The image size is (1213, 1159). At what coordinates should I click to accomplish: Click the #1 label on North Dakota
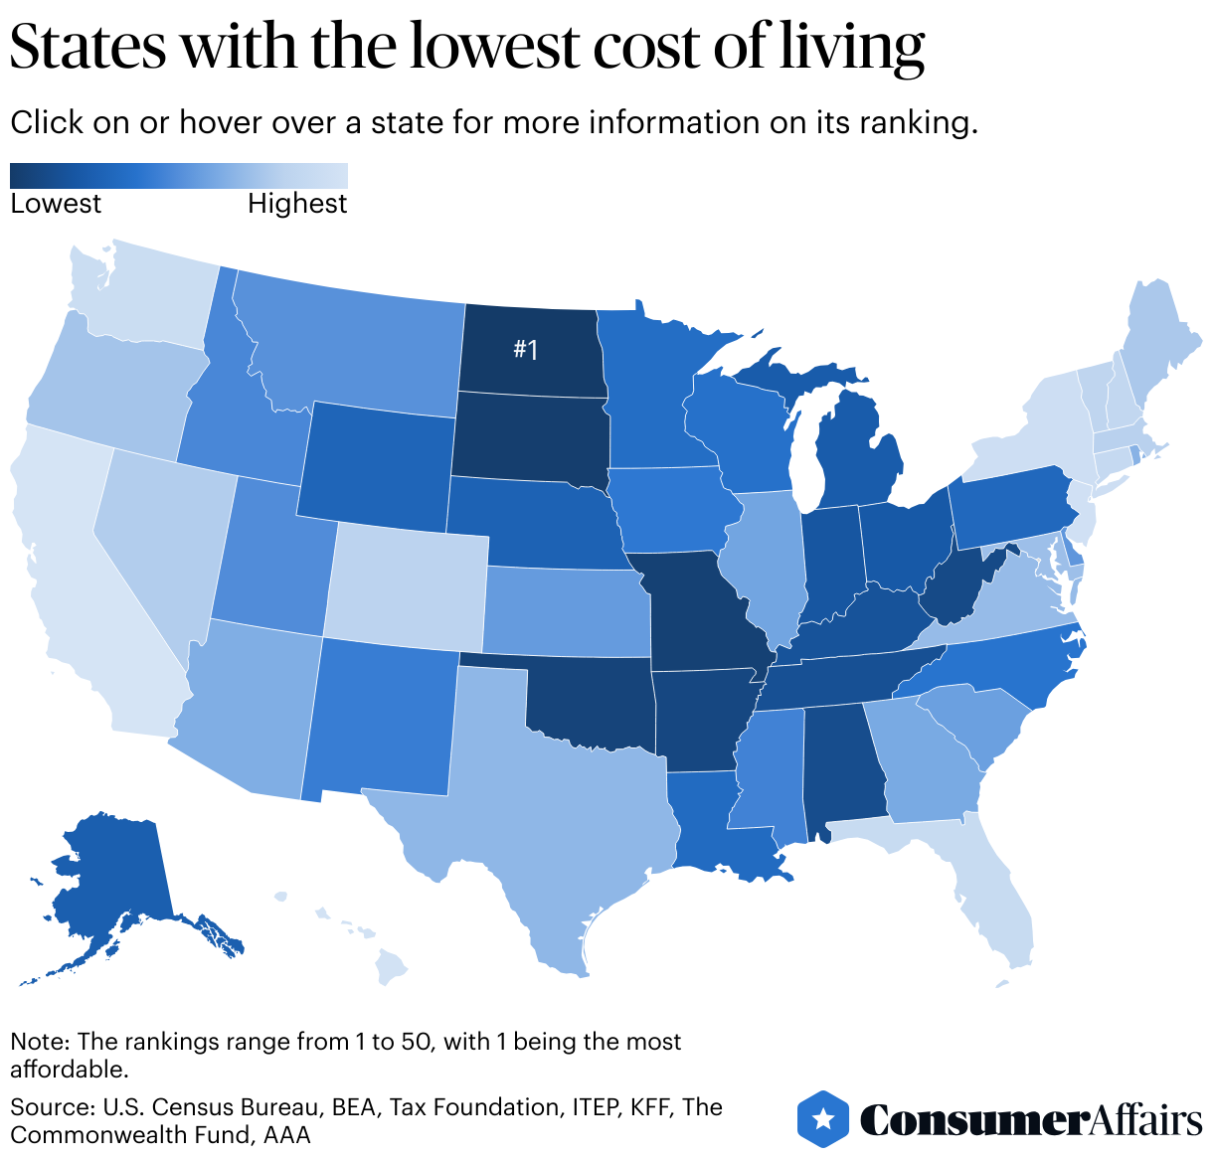[525, 350]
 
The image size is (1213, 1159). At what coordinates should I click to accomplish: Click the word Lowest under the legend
[56, 204]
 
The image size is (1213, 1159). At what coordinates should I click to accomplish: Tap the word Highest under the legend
[297, 204]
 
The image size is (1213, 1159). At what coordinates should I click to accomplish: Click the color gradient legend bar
[179, 176]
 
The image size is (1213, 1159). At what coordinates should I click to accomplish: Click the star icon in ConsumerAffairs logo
[823, 1119]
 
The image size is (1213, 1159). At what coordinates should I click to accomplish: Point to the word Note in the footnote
[37, 1042]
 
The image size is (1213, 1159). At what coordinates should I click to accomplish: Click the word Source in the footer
[49, 1107]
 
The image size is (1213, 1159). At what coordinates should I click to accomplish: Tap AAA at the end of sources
[287, 1134]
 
